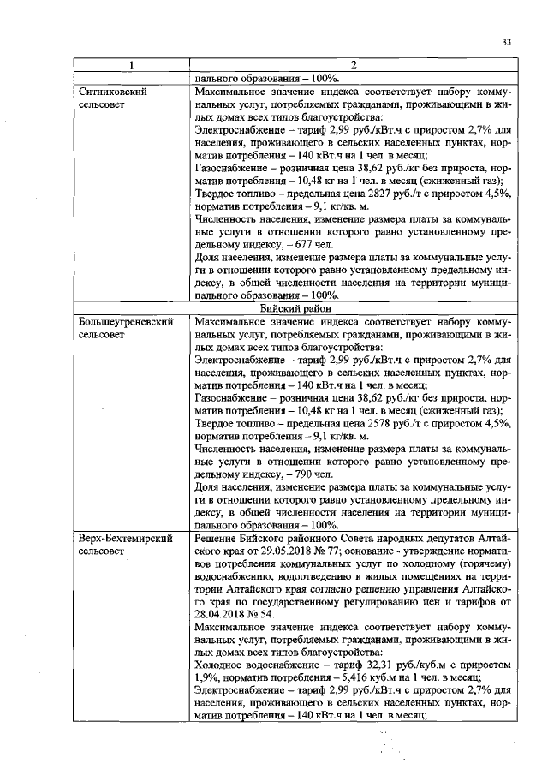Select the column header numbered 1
[x=131, y=65]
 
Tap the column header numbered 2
[x=353, y=65]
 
